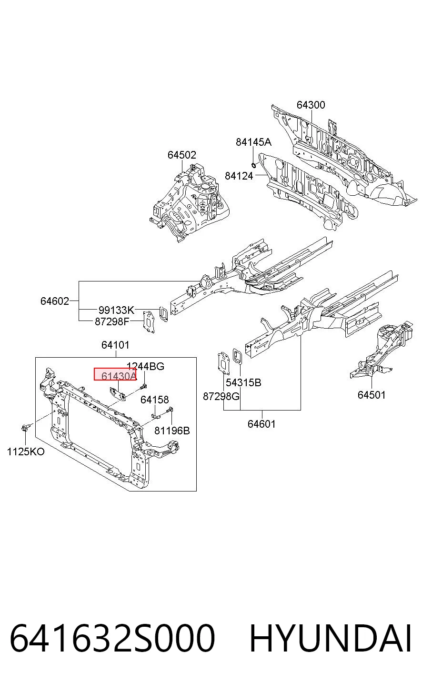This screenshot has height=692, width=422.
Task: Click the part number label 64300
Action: pos(311,105)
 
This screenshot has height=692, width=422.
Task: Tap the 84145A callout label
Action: pos(254,142)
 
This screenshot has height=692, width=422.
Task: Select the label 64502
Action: pos(182,155)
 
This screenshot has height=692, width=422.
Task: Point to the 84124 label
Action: pos(239,176)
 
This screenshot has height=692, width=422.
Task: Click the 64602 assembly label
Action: pos(55,301)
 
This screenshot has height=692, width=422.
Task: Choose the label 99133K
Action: pos(117,310)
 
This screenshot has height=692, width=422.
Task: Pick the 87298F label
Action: pos(112,321)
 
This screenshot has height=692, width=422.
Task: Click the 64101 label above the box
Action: pos(116,345)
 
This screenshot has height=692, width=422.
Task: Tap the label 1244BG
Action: pos(145,366)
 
